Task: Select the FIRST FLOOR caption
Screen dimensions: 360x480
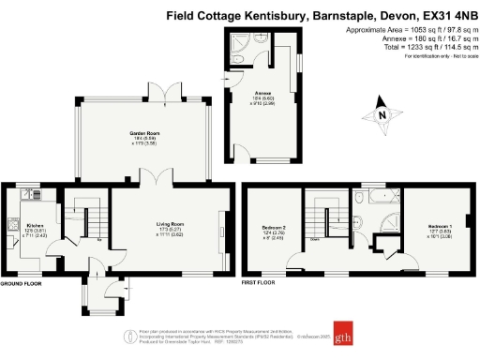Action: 262,281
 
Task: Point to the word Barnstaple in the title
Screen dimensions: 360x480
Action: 336,15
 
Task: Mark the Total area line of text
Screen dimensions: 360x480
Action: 412,47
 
